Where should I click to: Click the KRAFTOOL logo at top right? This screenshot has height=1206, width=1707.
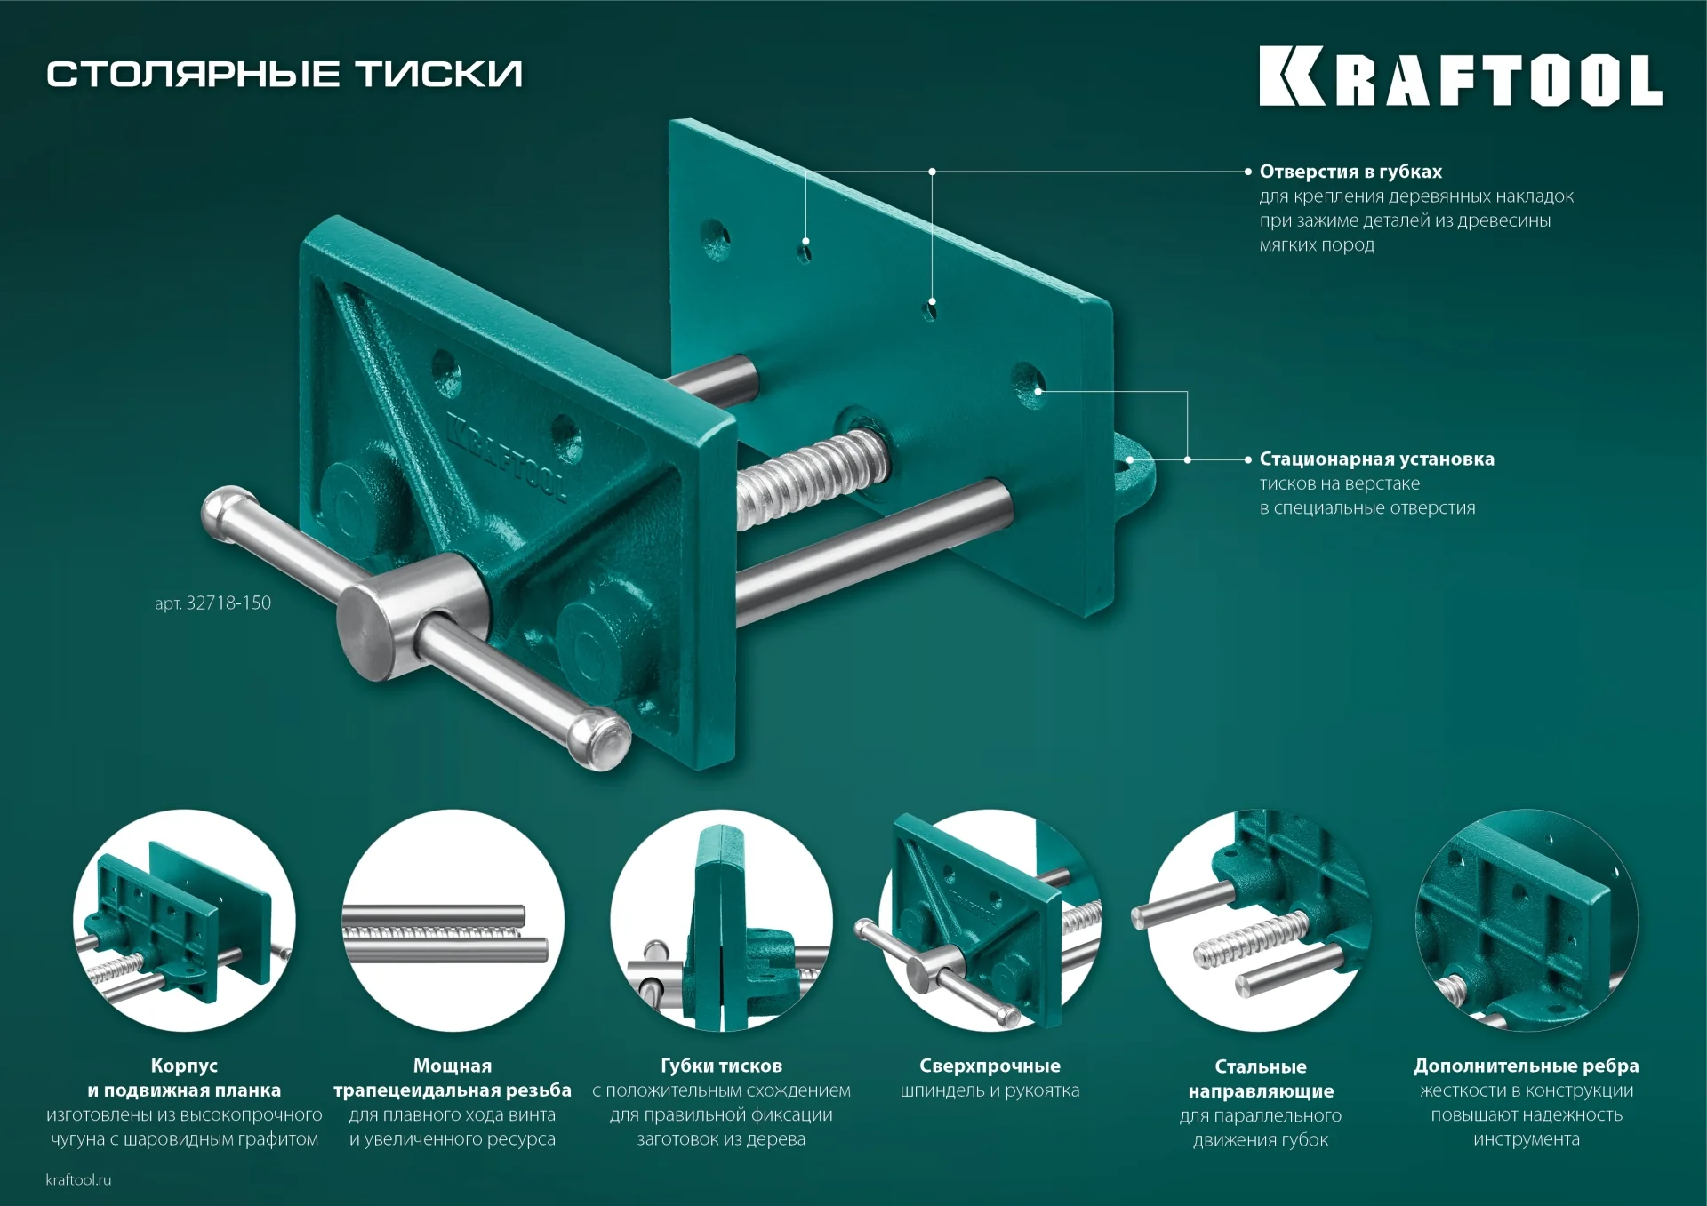[1460, 76]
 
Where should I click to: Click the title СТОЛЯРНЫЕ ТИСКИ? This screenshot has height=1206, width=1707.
[284, 74]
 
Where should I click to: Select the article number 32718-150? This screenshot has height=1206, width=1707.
[213, 603]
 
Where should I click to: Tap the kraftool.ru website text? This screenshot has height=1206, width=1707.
[78, 1179]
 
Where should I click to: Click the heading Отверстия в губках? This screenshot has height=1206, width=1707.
[1350, 172]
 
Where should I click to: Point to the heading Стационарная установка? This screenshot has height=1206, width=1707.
[1376, 459]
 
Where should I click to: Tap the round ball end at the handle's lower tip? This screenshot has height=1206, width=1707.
[605, 739]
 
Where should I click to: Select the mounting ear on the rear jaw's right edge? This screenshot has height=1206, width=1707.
[1133, 475]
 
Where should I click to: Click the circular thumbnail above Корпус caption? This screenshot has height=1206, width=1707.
[184, 920]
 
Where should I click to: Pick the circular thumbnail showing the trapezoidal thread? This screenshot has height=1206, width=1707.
[453, 920]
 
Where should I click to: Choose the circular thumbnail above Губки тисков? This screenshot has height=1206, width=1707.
[721, 920]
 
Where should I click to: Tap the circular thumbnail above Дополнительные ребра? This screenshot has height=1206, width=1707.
[1527, 920]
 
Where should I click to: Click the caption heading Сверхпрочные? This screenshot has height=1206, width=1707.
[990, 1066]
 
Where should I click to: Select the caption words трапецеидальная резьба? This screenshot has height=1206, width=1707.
[453, 1090]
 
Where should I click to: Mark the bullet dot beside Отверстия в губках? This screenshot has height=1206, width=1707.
[1248, 172]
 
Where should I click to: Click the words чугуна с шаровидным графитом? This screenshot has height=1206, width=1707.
[184, 1139]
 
